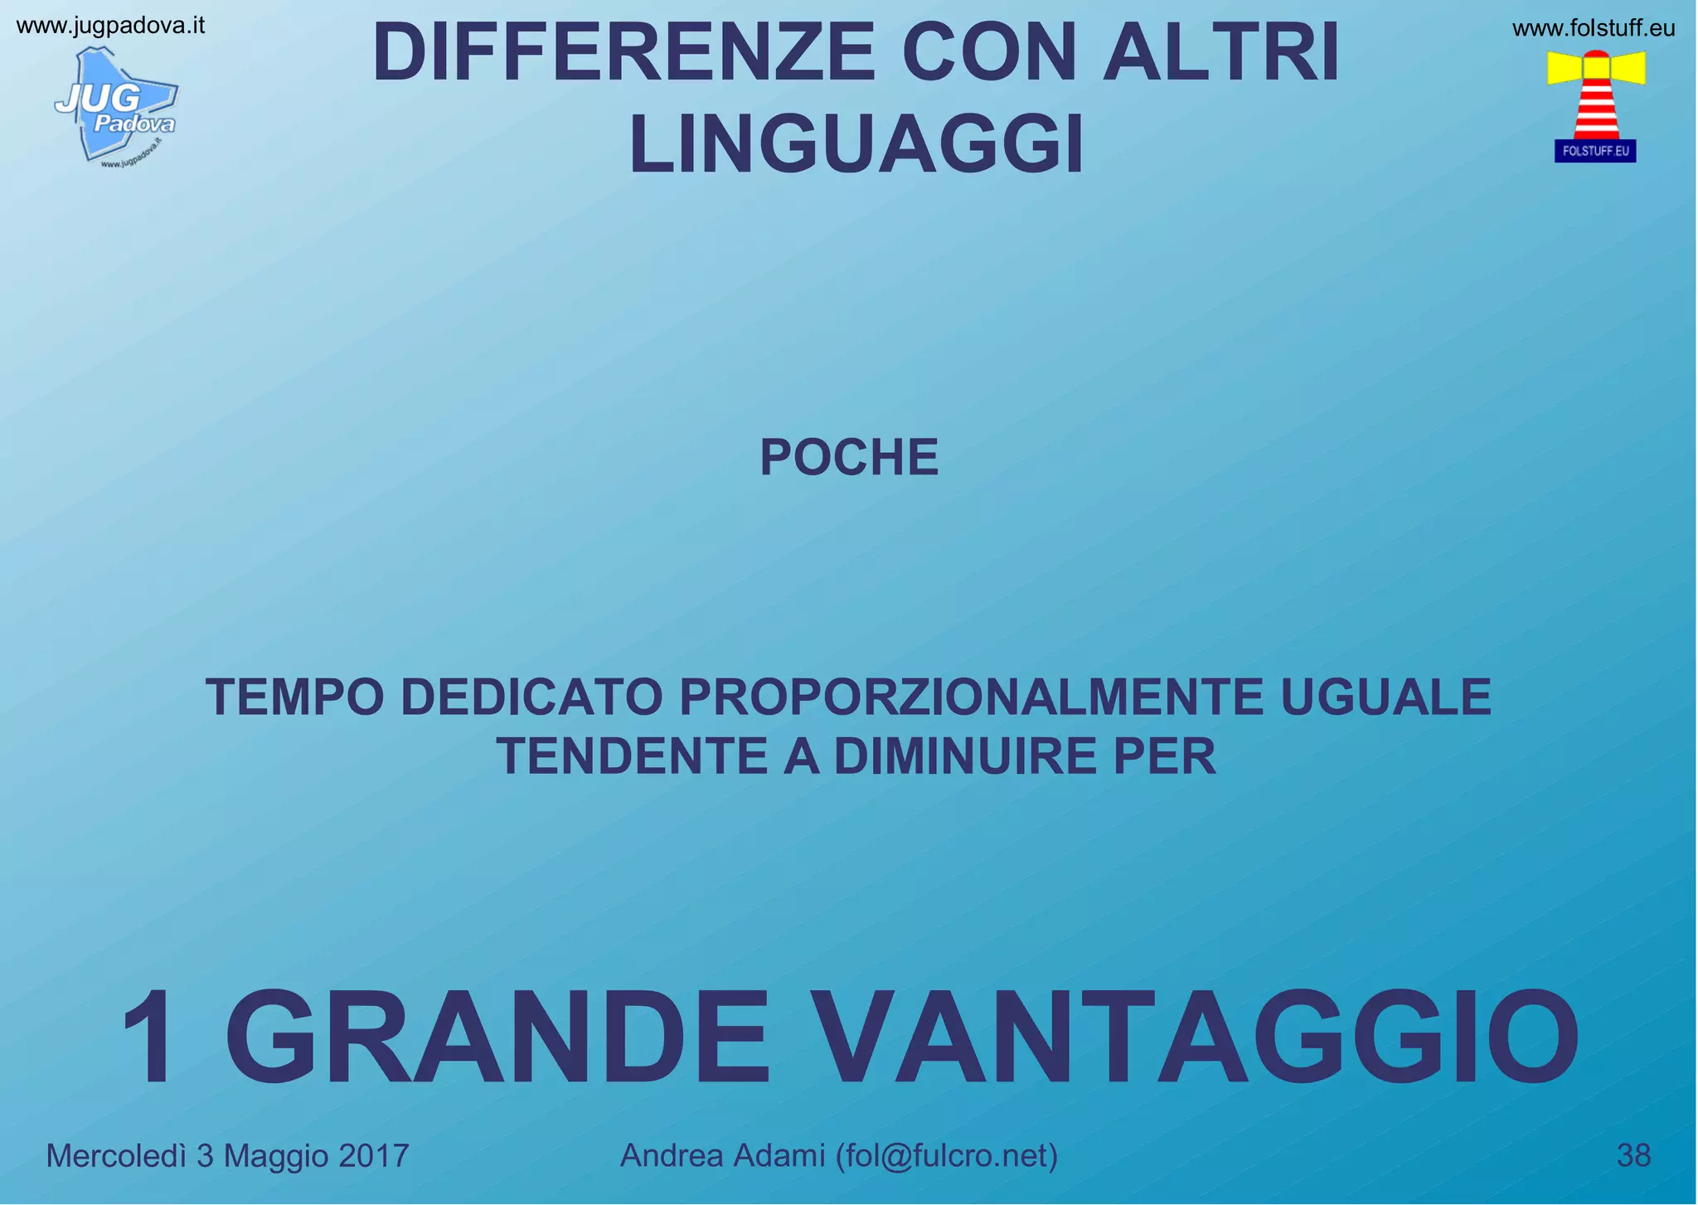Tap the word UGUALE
(1386, 697)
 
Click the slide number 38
(1633, 1155)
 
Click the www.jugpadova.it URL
(110, 26)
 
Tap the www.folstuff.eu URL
(1594, 29)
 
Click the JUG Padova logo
(116, 105)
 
